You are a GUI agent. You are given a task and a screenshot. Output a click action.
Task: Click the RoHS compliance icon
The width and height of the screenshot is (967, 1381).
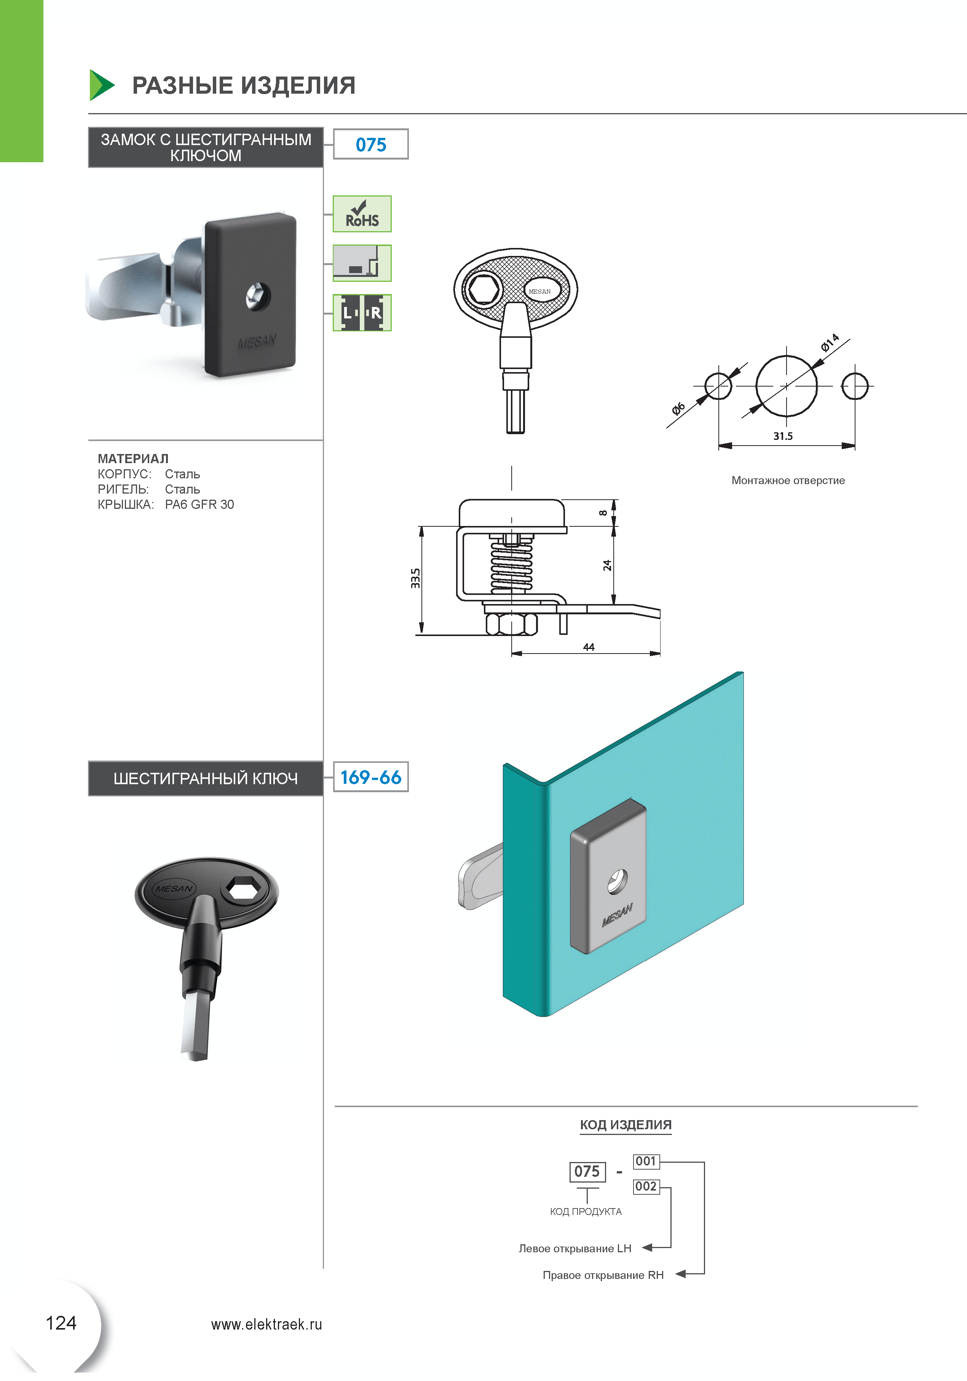pyautogui.click(x=362, y=214)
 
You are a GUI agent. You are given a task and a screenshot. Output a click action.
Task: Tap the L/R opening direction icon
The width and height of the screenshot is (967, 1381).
pyautogui.click(x=362, y=313)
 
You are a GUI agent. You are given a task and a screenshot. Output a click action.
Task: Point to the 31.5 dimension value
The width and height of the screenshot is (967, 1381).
pyautogui.click(x=783, y=436)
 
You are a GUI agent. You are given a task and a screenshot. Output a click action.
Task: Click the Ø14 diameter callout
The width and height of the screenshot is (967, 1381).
pyautogui.click(x=830, y=342)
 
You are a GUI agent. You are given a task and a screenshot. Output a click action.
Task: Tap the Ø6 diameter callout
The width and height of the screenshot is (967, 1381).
pyautogui.click(x=678, y=409)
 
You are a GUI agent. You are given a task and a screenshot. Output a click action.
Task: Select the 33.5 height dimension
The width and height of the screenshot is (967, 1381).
pyautogui.click(x=415, y=578)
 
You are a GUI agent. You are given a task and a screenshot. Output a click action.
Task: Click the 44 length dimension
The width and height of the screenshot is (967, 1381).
pyautogui.click(x=589, y=647)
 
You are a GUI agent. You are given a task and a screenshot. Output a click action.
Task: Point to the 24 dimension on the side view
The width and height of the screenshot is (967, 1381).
pyautogui.click(x=607, y=566)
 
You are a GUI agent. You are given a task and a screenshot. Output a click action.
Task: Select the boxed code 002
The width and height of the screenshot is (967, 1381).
pyautogui.click(x=646, y=1186)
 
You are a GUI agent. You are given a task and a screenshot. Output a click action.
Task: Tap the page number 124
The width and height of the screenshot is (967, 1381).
pyautogui.click(x=61, y=1323)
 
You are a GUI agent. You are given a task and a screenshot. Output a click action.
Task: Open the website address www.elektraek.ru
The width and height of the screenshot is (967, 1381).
pyautogui.click(x=266, y=1325)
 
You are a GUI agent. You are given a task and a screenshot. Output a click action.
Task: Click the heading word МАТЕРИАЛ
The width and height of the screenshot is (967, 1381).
pyautogui.click(x=133, y=458)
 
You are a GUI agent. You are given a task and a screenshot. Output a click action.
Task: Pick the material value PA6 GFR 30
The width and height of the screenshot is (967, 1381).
pyautogui.click(x=199, y=505)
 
